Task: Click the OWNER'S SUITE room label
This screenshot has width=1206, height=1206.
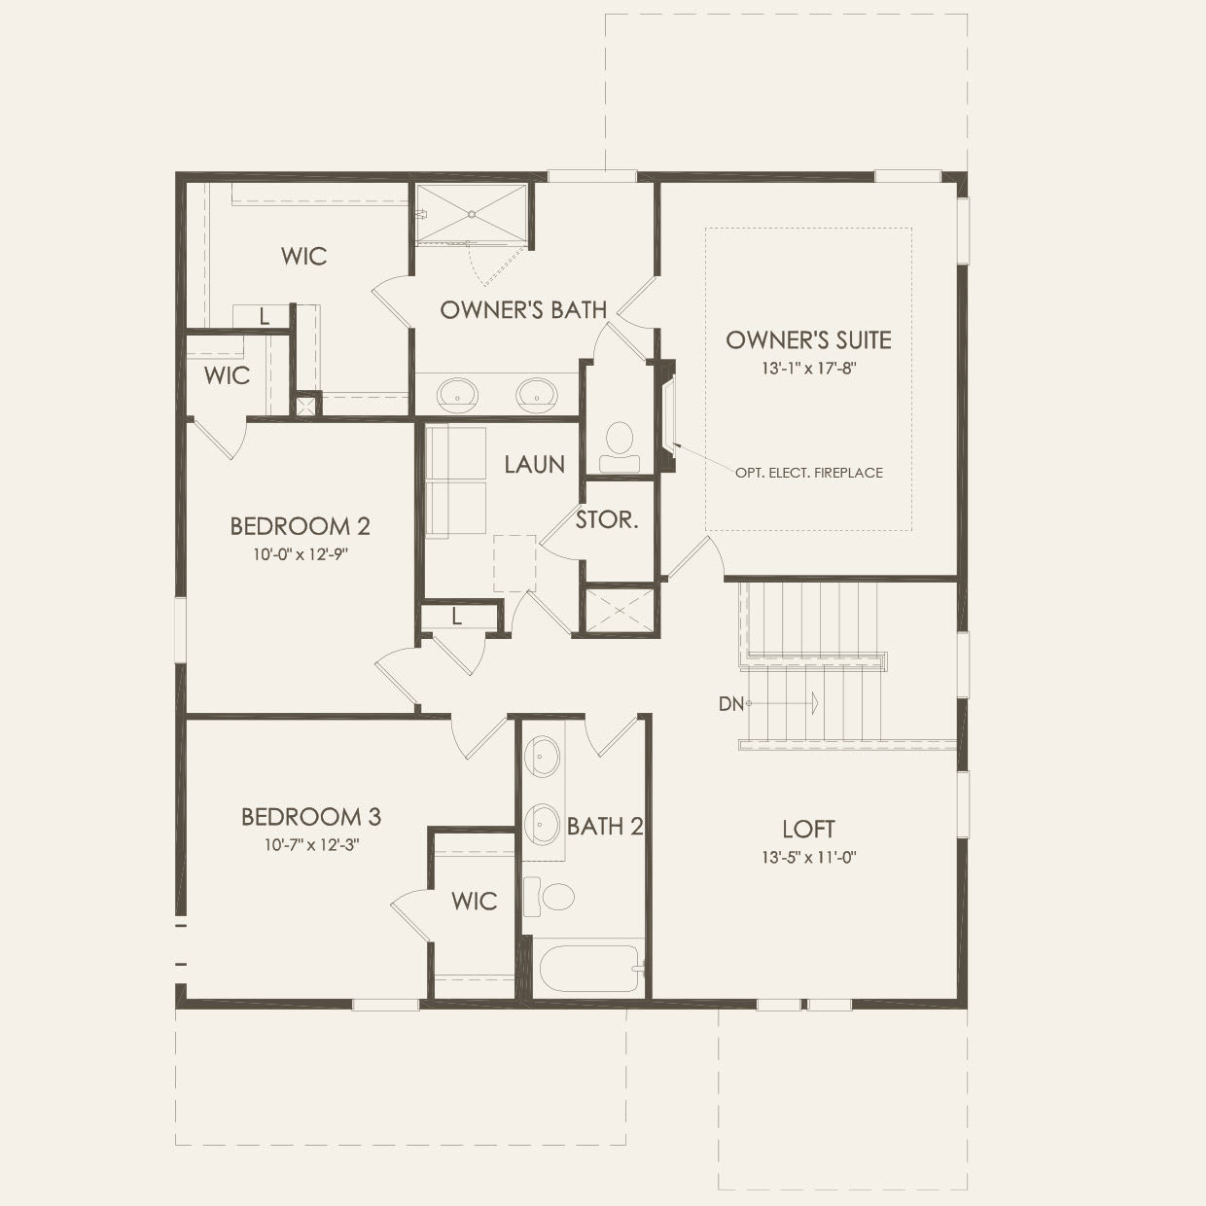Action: click(x=808, y=339)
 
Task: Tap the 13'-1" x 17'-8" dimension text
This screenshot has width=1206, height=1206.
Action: click(x=808, y=370)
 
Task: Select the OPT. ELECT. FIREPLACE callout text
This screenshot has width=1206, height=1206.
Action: click(x=809, y=473)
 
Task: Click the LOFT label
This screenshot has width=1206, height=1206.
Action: click(x=808, y=829)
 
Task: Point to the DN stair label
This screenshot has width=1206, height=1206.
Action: click(x=731, y=703)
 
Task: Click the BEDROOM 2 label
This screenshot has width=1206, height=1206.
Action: click(x=300, y=526)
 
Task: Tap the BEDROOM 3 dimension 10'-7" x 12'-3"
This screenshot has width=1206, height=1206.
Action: click(x=311, y=845)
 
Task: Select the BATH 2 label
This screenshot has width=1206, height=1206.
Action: click(x=605, y=827)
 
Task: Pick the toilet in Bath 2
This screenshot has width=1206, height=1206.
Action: click(x=549, y=896)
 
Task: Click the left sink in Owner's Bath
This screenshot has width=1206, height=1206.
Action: click(x=457, y=394)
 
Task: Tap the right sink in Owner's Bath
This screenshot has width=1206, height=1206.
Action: click(x=536, y=394)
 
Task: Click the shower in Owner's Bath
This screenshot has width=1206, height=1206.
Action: click(x=472, y=213)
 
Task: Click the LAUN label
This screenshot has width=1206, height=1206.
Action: click(x=534, y=464)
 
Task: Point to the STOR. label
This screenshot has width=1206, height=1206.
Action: click(x=607, y=519)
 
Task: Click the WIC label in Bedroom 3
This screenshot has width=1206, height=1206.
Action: click(x=474, y=901)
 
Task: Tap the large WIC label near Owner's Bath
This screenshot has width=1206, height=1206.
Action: click(x=303, y=256)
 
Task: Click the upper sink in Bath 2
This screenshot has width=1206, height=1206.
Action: click(x=543, y=756)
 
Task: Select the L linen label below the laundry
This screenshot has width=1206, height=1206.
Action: click(x=456, y=617)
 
